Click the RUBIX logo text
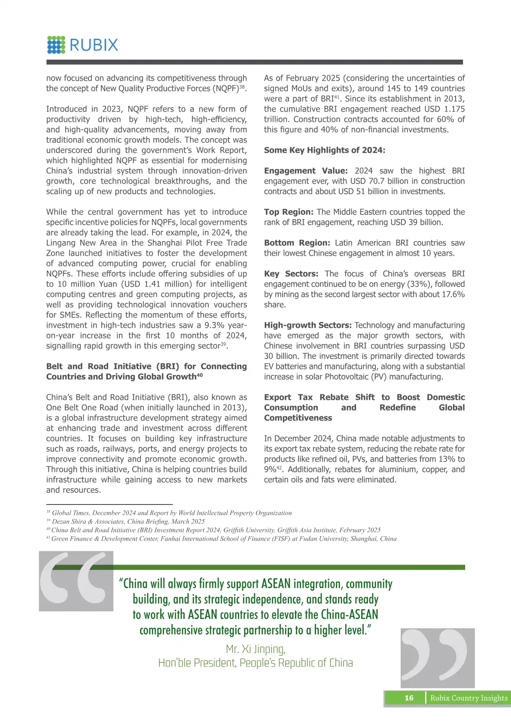[94, 45]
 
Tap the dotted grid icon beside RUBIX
[56, 45]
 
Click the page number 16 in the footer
[409, 698]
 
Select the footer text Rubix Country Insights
[469, 698]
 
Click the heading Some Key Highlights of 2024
[325, 150]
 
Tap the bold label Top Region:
[289, 212]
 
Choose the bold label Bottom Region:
[297, 243]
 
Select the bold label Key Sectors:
[291, 274]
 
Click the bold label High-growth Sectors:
[308, 325]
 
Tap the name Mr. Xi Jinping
[255, 649]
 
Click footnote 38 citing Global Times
[169, 513]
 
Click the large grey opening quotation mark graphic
[76, 580]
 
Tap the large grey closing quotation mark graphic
[438, 658]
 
